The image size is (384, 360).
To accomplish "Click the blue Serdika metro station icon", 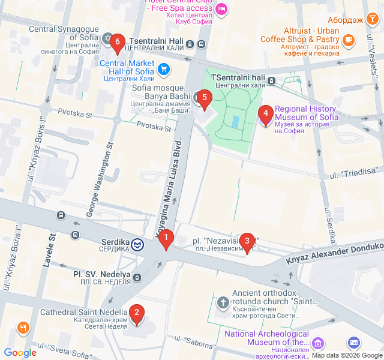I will click(x=138, y=244).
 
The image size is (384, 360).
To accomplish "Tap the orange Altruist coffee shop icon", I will click(x=348, y=40).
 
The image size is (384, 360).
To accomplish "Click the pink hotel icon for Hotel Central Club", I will click(x=221, y=8).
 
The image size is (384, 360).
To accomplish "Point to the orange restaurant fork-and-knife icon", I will click(x=23, y=328).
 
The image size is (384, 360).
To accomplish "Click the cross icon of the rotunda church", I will click(x=223, y=302).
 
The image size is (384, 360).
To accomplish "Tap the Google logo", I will click(x=20, y=353).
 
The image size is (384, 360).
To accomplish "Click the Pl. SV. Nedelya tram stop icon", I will click(x=138, y=277).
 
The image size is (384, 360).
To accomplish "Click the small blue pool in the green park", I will click(x=235, y=121).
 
